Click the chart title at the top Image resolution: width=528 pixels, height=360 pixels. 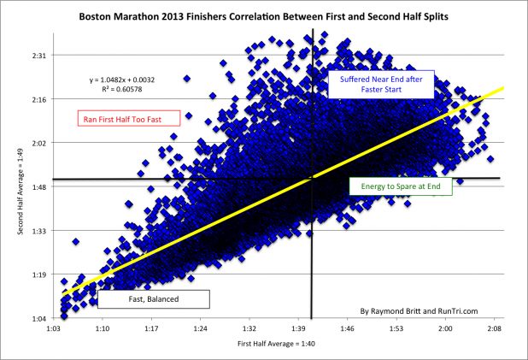264,16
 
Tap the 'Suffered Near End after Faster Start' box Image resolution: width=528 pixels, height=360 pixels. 381,85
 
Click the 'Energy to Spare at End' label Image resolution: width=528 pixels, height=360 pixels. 401,186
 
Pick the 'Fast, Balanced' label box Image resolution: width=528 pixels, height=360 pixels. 154,299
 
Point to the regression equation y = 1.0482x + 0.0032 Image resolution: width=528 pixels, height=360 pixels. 122,80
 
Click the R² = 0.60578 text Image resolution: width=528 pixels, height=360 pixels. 122,89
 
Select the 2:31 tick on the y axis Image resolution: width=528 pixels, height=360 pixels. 39,56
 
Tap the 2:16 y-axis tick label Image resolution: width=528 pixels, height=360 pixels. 39,99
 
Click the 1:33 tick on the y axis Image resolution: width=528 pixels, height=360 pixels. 39,231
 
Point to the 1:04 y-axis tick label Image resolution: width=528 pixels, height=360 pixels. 39,319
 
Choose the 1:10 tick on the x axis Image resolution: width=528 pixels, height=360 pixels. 102,328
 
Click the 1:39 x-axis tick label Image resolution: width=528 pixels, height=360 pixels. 298,328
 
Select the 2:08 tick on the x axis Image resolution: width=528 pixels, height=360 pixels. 495,328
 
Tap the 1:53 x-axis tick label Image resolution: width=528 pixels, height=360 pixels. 396,328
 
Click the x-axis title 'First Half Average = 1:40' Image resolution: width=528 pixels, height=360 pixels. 277,344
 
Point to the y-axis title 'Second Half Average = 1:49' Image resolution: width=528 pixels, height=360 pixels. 21,192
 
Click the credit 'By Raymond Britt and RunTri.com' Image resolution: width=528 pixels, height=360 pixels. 419,311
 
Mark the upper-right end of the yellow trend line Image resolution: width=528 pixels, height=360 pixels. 504,88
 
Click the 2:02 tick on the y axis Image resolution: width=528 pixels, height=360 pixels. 39,143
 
